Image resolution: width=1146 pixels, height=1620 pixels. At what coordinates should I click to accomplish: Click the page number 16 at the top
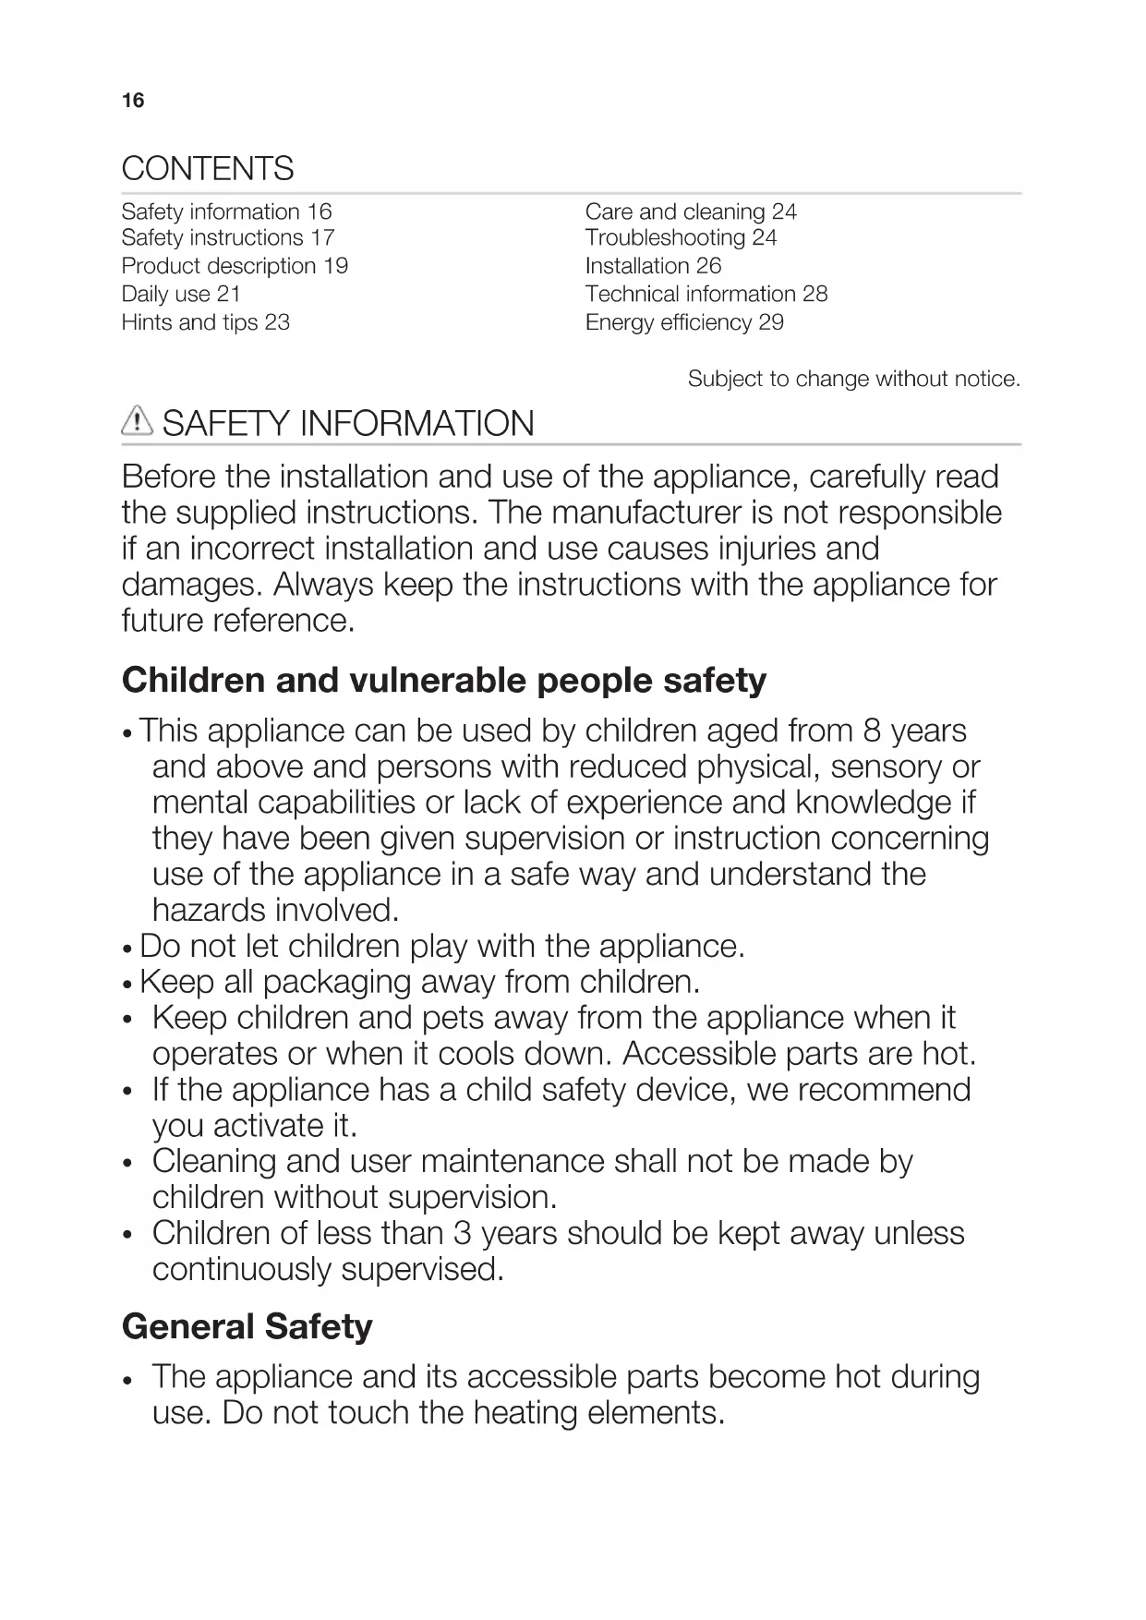coord(133,101)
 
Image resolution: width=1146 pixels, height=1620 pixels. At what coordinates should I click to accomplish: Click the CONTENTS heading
coord(208,169)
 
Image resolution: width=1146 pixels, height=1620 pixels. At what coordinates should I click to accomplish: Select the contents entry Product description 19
coord(235,266)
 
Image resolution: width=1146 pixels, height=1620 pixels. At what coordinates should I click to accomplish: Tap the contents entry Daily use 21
coord(181,295)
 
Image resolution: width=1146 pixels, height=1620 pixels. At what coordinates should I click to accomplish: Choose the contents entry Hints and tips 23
coord(205,322)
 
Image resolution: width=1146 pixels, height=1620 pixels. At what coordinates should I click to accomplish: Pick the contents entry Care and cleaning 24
coord(690,212)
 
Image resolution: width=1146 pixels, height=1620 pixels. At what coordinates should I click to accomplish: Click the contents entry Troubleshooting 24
coord(681,238)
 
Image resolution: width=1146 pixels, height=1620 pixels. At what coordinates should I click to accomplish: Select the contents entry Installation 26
coord(653,266)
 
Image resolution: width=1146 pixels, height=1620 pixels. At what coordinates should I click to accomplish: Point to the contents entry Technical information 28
coord(706,295)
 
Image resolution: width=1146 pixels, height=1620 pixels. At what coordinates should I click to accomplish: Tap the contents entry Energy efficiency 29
coord(683,322)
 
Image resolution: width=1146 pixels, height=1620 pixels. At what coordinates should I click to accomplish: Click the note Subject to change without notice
coord(853,379)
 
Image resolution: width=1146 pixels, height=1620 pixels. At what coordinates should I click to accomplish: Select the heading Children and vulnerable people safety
coord(443,681)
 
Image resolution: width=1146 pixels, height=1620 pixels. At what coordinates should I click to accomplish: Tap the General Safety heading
coord(247,1327)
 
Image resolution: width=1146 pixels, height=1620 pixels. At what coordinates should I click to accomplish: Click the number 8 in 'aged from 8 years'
coord(872,731)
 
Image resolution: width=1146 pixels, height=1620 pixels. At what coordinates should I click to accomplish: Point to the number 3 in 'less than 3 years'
coord(463,1233)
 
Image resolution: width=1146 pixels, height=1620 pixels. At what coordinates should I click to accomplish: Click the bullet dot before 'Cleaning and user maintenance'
coord(128,1163)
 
